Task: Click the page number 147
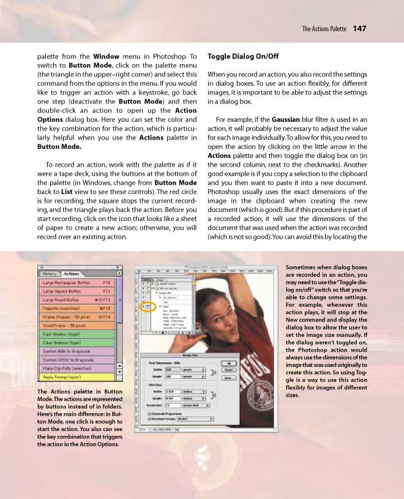click(360, 29)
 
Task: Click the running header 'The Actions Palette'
click(324, 29)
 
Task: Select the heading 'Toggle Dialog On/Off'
click(243, 56)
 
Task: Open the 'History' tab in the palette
click(50, 274)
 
